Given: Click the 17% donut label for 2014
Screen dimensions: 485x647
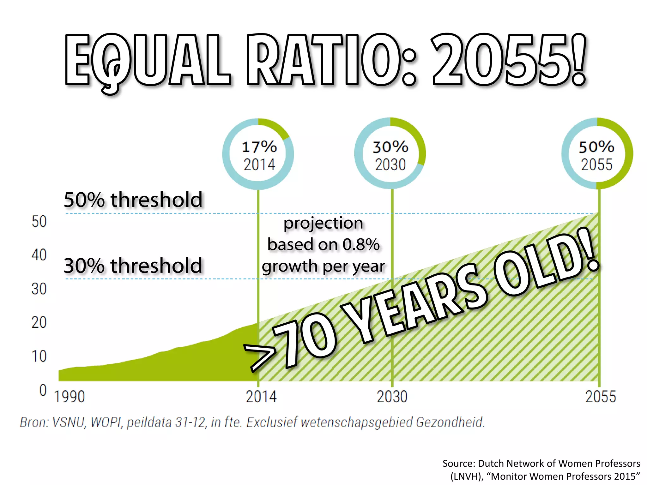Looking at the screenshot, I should click(x=259, y=147).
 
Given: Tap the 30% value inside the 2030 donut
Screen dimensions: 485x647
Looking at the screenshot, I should click(x=390, y=147).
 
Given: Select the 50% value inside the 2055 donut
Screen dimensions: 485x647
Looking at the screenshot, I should click(x=596, y=147).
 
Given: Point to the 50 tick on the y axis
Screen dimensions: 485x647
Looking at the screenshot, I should click(x=39, y=221).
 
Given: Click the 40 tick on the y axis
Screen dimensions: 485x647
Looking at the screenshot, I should click(x=39, y=255).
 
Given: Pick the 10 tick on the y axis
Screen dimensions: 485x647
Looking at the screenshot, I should click(x=39, y=356).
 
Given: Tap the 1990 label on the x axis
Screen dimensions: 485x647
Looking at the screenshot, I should click(x=70, y=397).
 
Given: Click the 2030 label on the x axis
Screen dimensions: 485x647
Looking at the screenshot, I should click(x=392, y=397).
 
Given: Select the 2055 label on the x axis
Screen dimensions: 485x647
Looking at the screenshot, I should click(x=601, y=397).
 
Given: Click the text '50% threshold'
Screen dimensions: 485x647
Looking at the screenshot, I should click(x=133, y=200).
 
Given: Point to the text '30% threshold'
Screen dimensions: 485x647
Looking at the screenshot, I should click(x=133, y=265).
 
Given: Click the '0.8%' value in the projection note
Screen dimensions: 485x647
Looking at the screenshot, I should click(x=361, y=244).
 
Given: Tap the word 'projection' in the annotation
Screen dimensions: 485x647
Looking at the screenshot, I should click(x=323, y=223).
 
